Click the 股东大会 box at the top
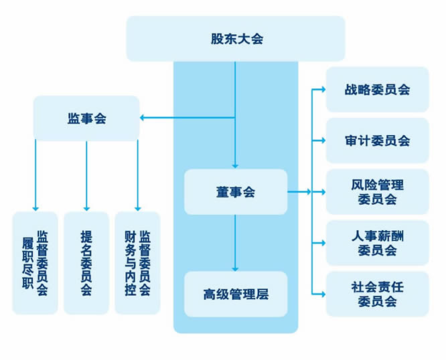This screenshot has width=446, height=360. click(236, 38)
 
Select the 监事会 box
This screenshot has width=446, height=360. click(86, 118)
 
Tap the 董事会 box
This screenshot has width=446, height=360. click(235, 192)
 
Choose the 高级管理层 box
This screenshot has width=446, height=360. click(235, 294)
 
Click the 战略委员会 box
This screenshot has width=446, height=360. click(377, 89)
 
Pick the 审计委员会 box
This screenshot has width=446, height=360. click(377, 141)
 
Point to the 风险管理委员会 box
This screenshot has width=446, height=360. click(377, 191)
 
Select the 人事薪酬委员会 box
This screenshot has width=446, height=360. click(377, 243)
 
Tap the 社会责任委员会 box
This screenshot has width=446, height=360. click(377, 294)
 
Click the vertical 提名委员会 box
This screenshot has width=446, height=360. click(86, 263)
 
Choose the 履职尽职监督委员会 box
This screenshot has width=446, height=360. click(35, 263)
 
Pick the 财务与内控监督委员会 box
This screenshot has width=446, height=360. click(137, 263)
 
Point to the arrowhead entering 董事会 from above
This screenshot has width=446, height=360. click(235, 165)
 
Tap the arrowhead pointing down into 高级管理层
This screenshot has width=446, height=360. click(235, 268)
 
